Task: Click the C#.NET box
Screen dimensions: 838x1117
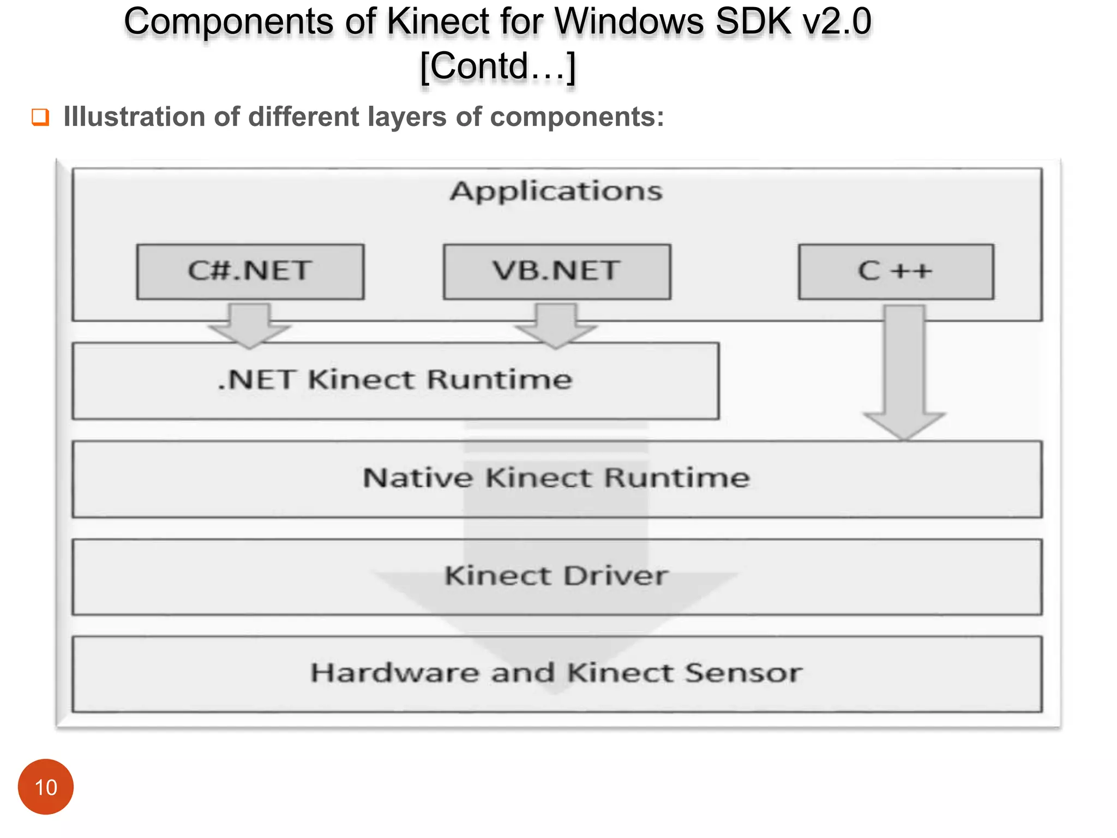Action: [250, 271]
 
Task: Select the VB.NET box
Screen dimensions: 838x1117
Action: [557, 271]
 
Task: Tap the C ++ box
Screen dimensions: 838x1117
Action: [896, 271]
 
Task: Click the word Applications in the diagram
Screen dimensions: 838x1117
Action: [556, 191]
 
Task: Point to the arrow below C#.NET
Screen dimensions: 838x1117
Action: [250, 326]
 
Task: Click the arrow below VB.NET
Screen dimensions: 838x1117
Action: [556, 326]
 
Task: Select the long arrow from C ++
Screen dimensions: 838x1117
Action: [904, 371]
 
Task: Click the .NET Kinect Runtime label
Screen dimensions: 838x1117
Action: [395, 380]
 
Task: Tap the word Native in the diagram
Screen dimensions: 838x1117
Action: [418, 478]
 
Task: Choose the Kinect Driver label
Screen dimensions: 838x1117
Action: [556, 576]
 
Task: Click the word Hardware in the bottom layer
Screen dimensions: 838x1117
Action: [395, 673]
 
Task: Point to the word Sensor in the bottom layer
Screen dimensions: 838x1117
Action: [743, 673]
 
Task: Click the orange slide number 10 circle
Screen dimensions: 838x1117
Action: [46, 787]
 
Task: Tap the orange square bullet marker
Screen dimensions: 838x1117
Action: [40, 117]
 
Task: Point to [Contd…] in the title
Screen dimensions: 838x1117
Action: [498, 66]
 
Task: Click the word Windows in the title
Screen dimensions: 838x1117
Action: [629, 22]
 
